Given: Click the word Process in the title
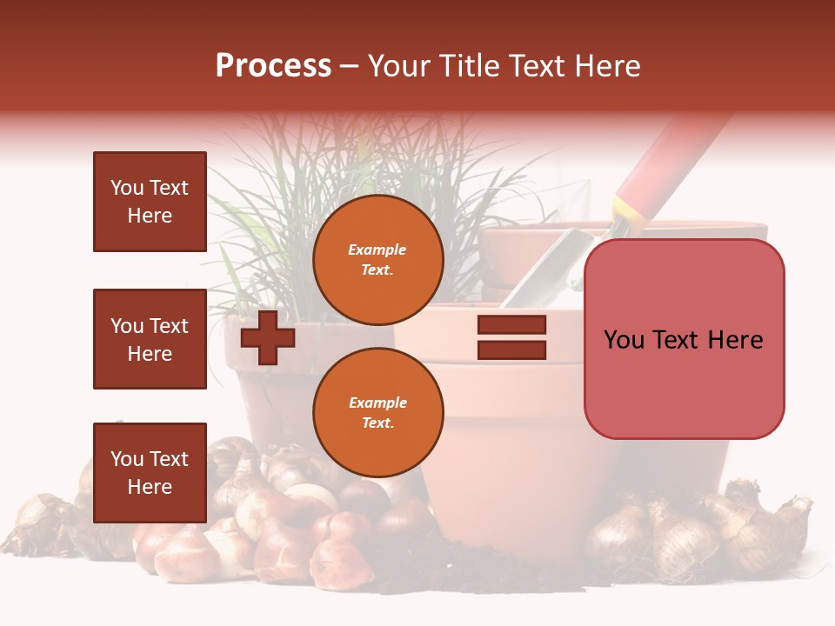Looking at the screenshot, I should [x=273, y=66].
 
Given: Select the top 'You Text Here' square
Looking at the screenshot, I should [x=150, y=202].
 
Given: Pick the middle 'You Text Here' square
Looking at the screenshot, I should [x=150, y=339].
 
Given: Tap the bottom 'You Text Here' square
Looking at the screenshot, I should [x=150, y=472].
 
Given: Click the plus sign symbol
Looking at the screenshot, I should [x=267, y=337].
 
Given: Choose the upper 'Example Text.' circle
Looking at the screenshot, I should [x=377, y=260].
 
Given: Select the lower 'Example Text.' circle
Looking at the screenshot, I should [x=377, y=413].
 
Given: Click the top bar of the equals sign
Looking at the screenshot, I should [x=511, y=325].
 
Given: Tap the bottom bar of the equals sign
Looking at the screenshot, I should [x=511, y=350].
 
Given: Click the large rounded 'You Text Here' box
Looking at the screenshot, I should [x=684, y=339].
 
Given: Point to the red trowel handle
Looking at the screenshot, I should [x=670, y=156].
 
